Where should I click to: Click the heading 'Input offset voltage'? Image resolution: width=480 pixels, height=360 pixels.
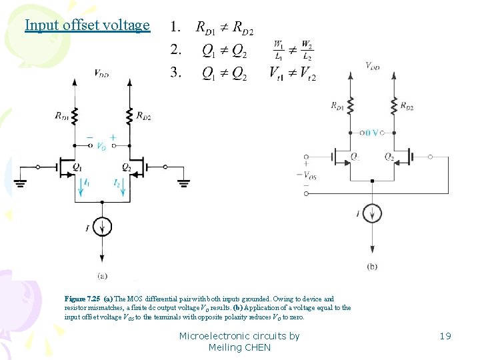(87, 25)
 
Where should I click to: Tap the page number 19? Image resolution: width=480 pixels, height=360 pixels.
(445, 336)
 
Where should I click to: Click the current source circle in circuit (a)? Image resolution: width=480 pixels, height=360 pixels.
(101, 227)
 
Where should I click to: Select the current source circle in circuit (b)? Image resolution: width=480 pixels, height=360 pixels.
(372, 213)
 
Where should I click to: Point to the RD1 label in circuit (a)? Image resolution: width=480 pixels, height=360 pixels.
(62, 116)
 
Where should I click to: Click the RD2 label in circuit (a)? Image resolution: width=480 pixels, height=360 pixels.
(143, 116)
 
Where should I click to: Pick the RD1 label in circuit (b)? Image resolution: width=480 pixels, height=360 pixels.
(338, 105)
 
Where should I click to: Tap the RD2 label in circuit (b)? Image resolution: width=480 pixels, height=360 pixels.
(407, 106)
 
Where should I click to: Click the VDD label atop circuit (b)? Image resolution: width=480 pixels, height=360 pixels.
(372, 65)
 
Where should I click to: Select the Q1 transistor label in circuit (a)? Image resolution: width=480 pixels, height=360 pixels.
(78, 166)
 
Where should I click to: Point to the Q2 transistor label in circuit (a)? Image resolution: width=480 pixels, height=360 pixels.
(127, 166)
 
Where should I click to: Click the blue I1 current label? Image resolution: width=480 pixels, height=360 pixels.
(87, 182)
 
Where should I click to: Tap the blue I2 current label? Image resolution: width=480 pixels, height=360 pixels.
(117, 182)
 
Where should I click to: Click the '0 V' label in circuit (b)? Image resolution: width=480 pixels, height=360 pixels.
(372, 133)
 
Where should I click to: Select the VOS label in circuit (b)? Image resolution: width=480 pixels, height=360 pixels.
(309, 175)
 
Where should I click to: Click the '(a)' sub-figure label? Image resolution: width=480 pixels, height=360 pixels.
(103, 275)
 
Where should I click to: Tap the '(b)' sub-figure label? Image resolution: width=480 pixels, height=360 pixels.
(372, 266)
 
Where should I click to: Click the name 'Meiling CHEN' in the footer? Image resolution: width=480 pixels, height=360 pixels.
(239, 347)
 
